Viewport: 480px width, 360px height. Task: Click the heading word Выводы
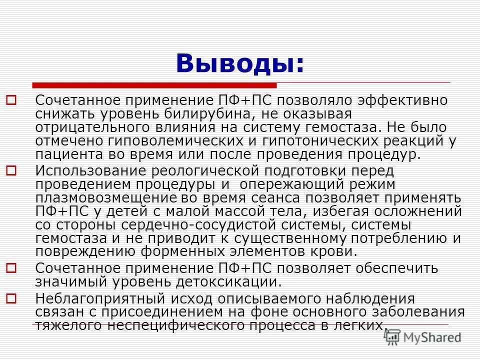tap(239, 63)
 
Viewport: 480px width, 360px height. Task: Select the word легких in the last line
tap(359, 325)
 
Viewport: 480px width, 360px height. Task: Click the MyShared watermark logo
tap(423, 336)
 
